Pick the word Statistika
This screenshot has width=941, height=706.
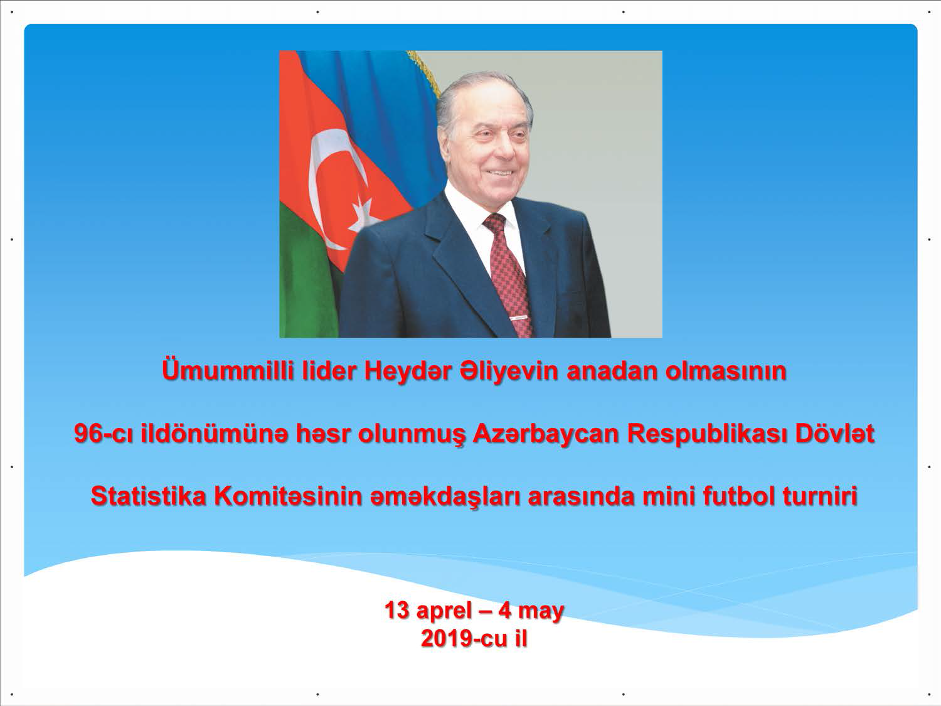pos(148,496)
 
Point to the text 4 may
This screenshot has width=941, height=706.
pos(531,611)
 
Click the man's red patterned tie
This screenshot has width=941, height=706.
pos(508,274)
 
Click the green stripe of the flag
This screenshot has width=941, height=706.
pos(307,274)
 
